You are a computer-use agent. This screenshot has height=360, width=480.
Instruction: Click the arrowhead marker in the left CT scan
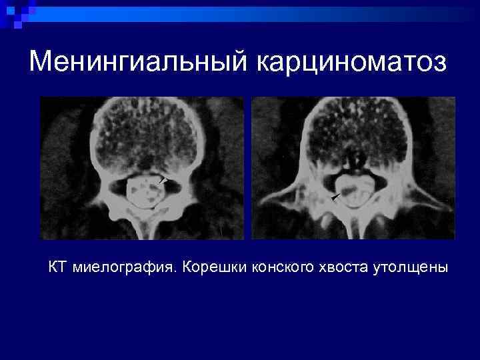163,180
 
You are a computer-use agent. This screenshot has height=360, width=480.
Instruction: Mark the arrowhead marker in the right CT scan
335,196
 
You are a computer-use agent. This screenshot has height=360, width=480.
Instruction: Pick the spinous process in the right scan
352,227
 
